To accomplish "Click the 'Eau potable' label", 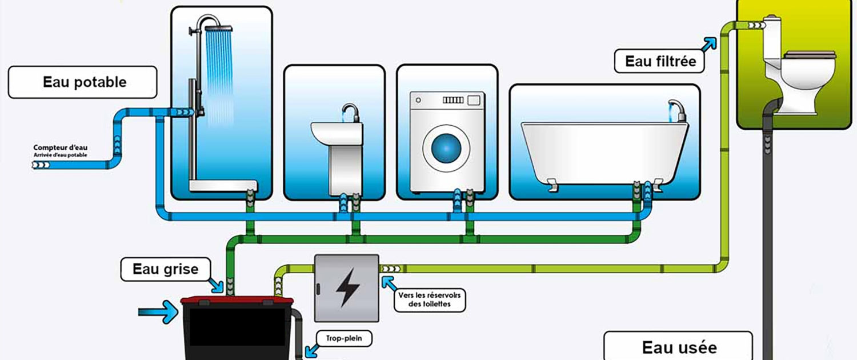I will (x=82, y=82).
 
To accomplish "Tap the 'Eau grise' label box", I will (x=166, y=269).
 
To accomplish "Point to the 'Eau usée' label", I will (x=678, y=347).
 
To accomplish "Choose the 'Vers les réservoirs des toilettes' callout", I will (x=430, y=299).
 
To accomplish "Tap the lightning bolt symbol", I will (x=347, y=287).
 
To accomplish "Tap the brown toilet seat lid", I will (x=810, y=55).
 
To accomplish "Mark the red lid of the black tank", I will (x=237, y=300).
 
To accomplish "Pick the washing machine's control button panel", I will (x=452, y=100).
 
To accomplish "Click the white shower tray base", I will (x=223, y=185).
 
